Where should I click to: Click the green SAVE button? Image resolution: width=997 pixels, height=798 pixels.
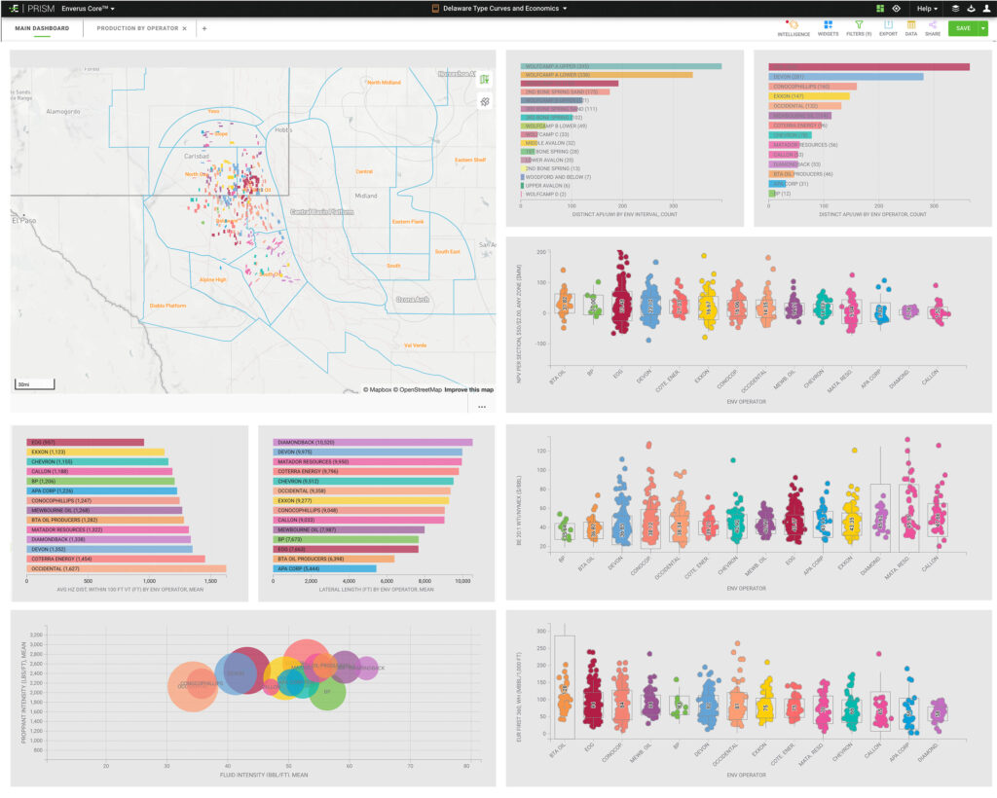tap(962, 28)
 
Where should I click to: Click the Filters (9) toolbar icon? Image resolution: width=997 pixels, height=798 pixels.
tap(859, 27)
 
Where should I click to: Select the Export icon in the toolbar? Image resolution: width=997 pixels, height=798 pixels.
tap(888, 27)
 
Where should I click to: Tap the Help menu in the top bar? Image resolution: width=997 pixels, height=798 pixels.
tap(926, 8)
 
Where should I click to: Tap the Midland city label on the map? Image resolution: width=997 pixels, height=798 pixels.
tap(366, 196)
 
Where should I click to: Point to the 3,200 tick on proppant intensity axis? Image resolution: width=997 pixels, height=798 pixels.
tap(36, 634)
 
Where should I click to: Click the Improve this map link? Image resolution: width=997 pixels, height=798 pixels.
tap(469, 389)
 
